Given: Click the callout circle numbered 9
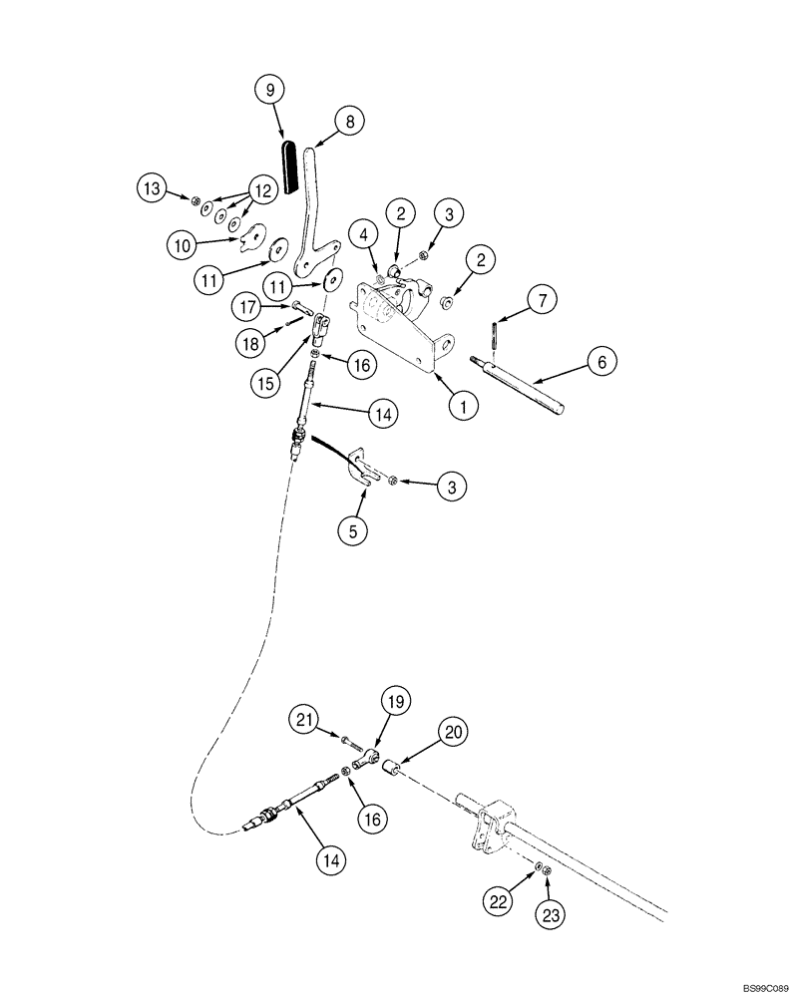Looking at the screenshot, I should pos(267,91).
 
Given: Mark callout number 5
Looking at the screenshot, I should pos(352,531).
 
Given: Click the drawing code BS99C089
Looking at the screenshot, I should pos(758,986).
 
